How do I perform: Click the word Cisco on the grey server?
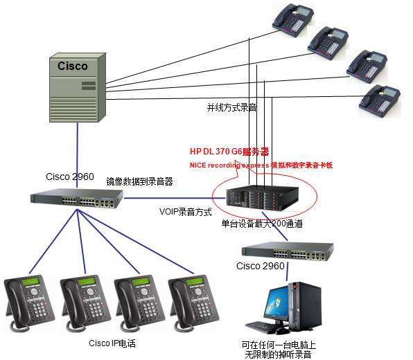point(73,66)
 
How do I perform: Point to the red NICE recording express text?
point(236,165)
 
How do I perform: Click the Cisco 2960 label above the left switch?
point(70,177)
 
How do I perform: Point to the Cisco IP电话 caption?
point(112,343)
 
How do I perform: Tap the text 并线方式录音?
point(231,108)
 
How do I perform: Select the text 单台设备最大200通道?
point(262,224)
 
